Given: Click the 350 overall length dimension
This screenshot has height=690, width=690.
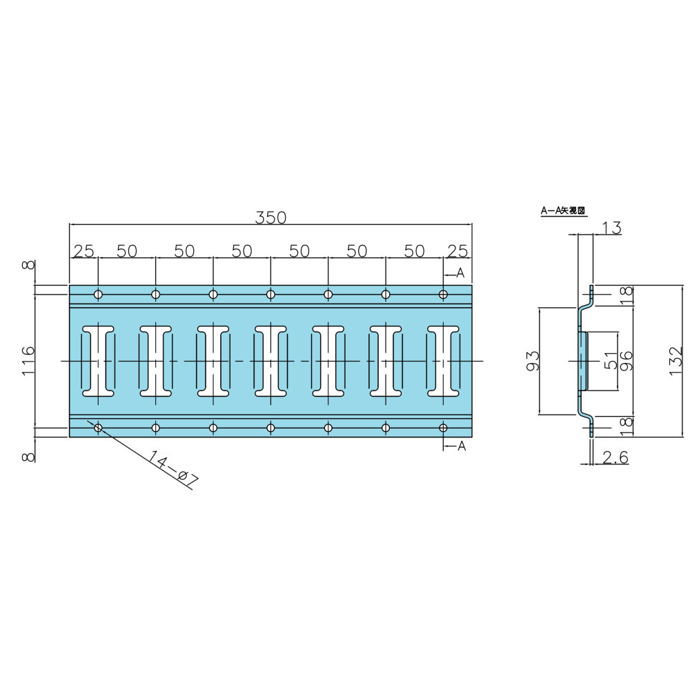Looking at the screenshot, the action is pyautogui.click(x=270, y=217).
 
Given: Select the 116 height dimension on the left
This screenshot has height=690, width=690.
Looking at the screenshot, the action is pyautogui.click(x=28, y=360).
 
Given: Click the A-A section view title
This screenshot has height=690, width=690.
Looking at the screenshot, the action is pyautogui.click(x=564, y=210).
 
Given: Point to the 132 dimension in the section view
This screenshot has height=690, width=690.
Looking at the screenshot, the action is pyautogui.click(x=676, y=360).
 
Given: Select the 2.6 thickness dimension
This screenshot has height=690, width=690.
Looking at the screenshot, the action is pyautogui.click(x=615, y=457).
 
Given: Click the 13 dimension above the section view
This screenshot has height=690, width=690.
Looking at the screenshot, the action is pyautogui.click(x=611, y=228).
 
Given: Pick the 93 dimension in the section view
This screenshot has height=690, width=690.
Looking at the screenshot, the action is pyautogui.click(x=533, y=361).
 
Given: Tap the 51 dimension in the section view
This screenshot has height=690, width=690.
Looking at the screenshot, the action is pyautogui.click(x=611, y=360).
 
